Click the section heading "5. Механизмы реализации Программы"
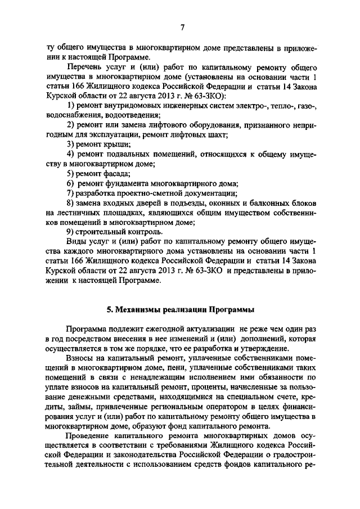click(x=180, y=309)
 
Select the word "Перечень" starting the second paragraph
click(x=85, y=67)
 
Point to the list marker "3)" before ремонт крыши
click(x=71, y=145)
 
